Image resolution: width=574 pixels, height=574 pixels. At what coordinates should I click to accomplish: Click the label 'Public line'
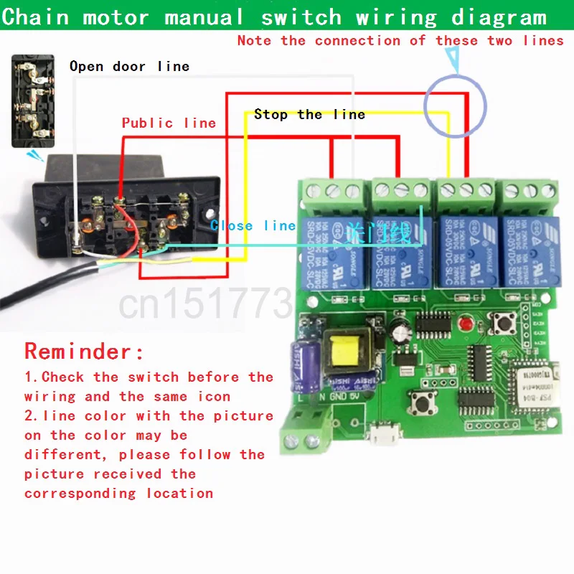point(169,123)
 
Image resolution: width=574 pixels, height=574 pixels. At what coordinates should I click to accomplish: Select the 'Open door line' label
point(129,67)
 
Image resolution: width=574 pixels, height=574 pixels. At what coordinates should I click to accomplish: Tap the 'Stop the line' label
point(309,114)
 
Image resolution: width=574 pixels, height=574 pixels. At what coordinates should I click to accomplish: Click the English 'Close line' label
point(253,225)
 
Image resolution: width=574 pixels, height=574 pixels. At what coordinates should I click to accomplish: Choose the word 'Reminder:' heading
point(84,352)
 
